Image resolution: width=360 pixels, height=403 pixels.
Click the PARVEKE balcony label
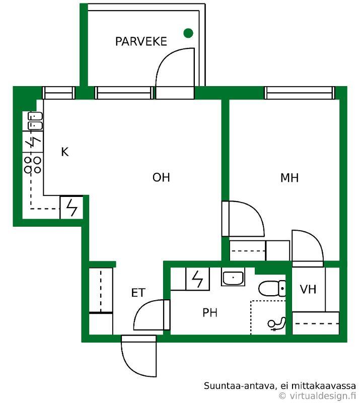pos(141,42)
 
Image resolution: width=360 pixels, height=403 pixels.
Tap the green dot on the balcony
pos(188,33)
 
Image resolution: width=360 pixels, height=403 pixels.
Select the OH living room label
pos(161,178)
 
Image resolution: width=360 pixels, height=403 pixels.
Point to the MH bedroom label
pos(290,178)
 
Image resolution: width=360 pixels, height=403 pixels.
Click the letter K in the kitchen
pos(65,152)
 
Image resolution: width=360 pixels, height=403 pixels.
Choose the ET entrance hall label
pos(138,293)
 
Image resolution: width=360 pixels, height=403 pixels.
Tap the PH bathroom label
pos(210,312)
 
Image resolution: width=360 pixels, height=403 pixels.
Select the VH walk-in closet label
pos(308,289)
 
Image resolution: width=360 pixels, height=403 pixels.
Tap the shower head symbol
pos(276,323)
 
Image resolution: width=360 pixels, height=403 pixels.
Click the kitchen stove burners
pos(32,165)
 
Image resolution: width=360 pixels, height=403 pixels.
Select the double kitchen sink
pos(35,121)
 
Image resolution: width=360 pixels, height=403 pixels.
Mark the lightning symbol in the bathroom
pos(197,279)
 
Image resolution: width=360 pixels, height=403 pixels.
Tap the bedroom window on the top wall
pos(300,93)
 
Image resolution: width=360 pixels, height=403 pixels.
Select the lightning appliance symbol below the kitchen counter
pos(71,208)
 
